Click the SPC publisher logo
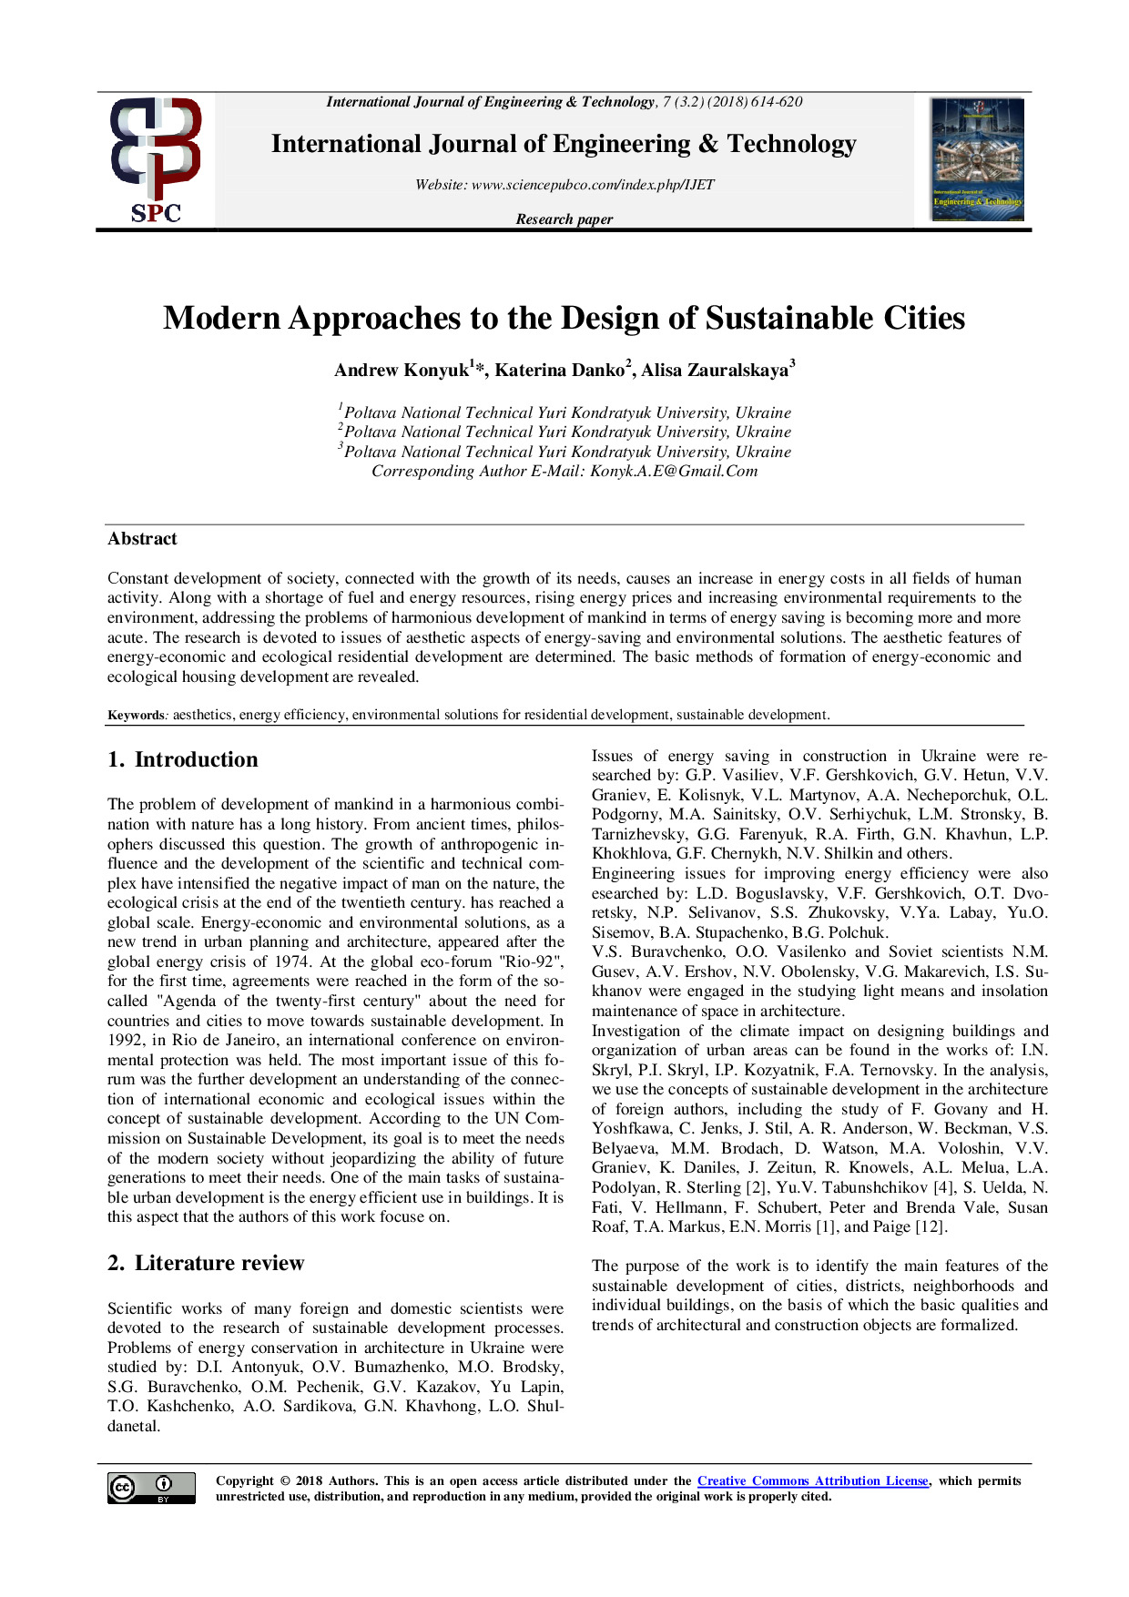coord(156,160)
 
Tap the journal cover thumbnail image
coord(977,159)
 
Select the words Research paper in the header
coord(564,219)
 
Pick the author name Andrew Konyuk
coord(402,371)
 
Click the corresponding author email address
coord(674,472)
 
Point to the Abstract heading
coord(142,539)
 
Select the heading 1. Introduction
coord(182,760)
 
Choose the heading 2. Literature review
coord(206,1264)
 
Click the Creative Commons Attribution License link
coord(812,1481)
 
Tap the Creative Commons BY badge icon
coord(151,1488)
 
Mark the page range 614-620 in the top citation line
coord(777,102)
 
